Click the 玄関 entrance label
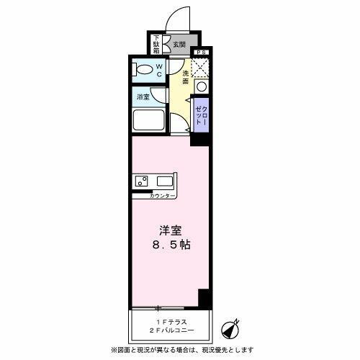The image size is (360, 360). (179, 45)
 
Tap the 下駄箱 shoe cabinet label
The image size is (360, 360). (157, 44)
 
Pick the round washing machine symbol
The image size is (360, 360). (201, 86)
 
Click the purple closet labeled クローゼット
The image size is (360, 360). (199, 114)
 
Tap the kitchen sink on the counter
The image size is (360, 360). (141, 181)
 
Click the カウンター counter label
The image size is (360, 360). (161, 195)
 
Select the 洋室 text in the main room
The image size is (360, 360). (171, 231)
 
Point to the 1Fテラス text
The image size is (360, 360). (170, 322)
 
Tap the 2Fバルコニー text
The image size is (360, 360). (170, 332)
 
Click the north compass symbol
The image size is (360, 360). (230, 328)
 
